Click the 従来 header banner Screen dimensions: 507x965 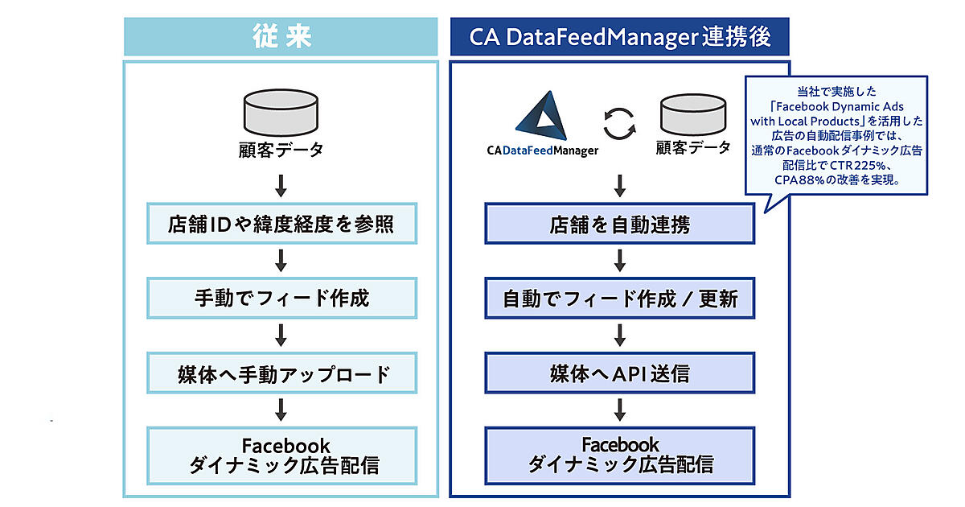(x=281, y=38)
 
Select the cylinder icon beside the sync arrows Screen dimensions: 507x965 (x=694, y=114)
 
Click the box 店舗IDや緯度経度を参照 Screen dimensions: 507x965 (x=281, y=225)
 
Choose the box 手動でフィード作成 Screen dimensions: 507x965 (x=281, y=298)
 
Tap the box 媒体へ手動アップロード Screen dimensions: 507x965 (x=281, y=373)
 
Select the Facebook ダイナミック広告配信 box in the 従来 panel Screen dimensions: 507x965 (x=281, y=455)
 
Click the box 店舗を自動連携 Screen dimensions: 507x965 (x=619, y=225)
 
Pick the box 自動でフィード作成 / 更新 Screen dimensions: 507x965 (x=619, y=299)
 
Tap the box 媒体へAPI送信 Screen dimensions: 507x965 (x=619, y=373)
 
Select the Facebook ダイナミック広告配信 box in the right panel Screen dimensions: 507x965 (x=619, y=455)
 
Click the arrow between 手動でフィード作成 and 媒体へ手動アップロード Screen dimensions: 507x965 (x=281, y=335)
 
